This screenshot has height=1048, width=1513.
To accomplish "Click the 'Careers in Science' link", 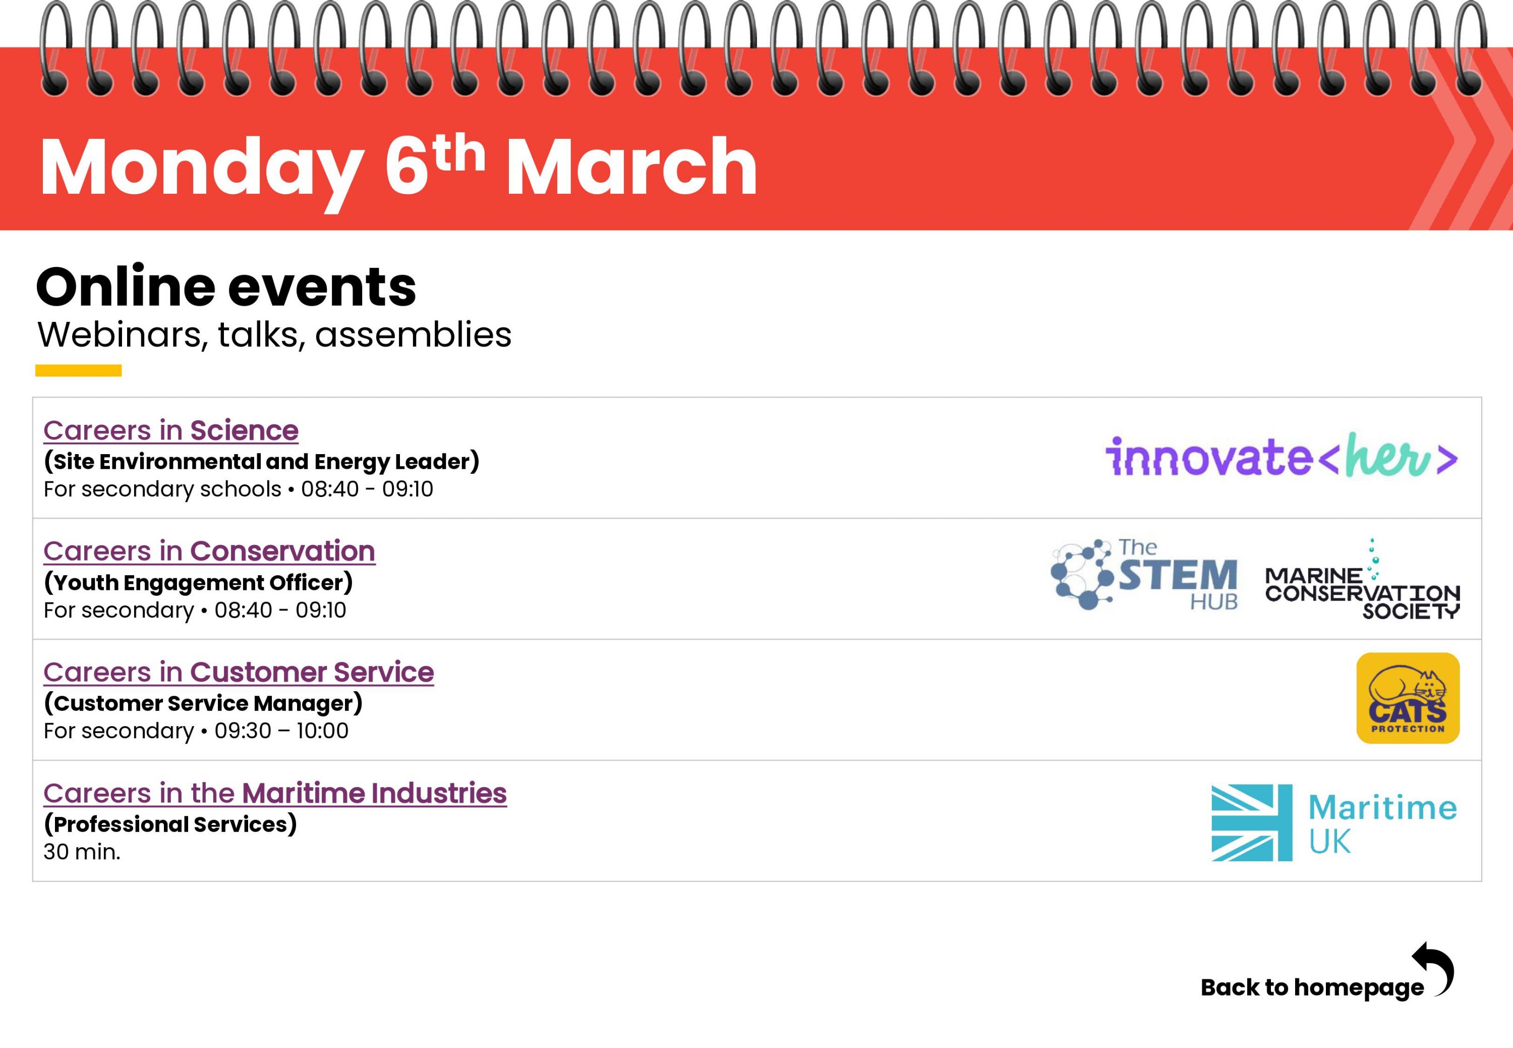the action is [x=170, y=431].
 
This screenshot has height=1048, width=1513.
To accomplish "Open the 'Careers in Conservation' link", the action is [x=209, y=551].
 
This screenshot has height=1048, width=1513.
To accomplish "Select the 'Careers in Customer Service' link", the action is [x=238, y=673].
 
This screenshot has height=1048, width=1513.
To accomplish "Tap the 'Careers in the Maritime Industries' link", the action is [x=275, y=793].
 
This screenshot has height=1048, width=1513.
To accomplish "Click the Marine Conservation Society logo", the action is [x=1362, y=579].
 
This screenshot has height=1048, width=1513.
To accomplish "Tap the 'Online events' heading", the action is [x=226, y=287].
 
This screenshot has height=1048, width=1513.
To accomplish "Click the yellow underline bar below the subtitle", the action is [x=78, y=370].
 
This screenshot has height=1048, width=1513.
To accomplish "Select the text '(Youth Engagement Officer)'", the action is [x=198, y=582].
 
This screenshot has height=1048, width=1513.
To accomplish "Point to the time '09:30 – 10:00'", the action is [x=281, y=731].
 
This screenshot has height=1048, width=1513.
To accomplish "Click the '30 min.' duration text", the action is [x=82, y=852].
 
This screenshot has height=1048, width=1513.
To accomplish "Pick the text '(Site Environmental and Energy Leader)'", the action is [x=261, y=462].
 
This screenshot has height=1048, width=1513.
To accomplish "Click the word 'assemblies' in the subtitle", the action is [x=413, y=335].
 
